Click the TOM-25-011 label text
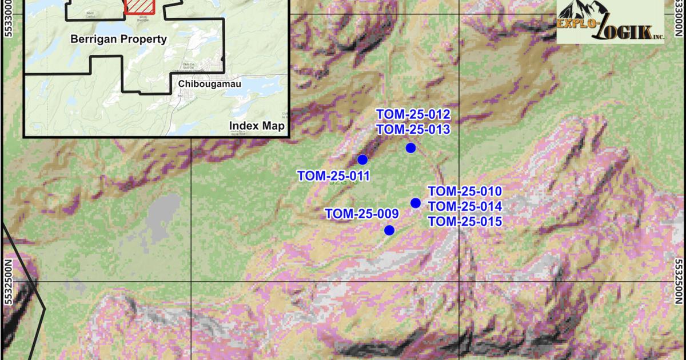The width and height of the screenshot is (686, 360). (x=333, y=176)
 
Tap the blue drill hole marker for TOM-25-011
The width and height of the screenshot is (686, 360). (x=362, y=159)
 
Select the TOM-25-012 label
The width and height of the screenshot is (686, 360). (x=413, y=114)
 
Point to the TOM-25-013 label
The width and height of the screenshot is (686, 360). (x=413, y=129)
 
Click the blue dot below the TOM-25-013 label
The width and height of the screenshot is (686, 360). (x=410, y=148)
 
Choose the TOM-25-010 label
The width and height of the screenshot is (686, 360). (x=465, y=191)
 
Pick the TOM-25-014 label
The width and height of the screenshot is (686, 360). (x=465, y=206)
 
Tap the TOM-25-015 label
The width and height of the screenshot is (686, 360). (x=465, y=222)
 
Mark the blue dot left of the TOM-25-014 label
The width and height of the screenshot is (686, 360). (x=416, y=203)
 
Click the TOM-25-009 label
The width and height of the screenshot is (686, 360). (x=361, y=214)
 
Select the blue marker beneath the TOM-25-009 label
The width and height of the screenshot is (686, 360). (x=389, y=230)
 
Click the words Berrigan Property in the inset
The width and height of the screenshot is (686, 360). (x=118, y=39)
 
